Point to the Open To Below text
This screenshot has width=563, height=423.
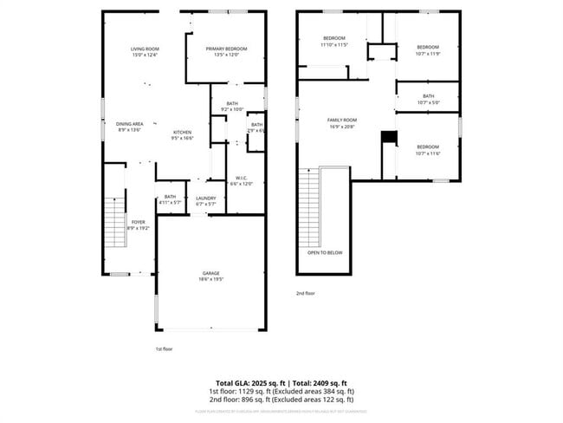[325, 252]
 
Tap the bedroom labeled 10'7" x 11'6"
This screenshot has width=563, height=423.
[428, 150]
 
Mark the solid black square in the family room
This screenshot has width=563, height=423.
[389, 137]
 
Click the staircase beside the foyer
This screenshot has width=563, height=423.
[114, 223]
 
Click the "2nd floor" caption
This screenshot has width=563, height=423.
[306, 293]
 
